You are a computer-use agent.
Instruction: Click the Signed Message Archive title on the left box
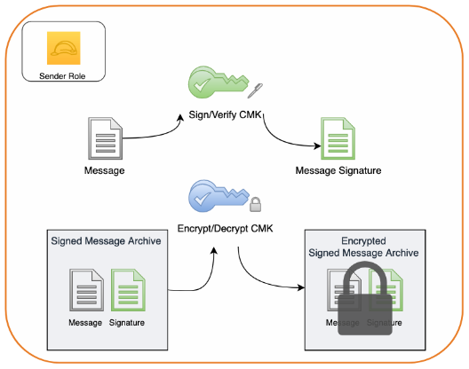(x=99, y=241)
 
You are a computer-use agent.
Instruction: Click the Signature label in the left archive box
(x=127, y=321)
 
